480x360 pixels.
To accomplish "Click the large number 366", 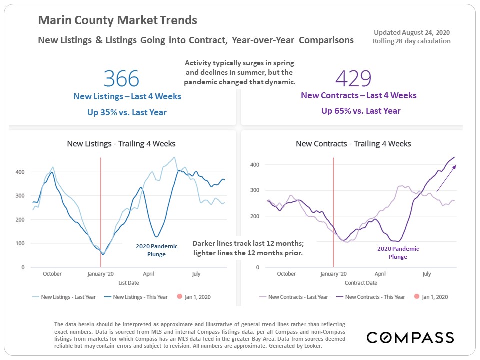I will pyautogui.click(x=121, y=79).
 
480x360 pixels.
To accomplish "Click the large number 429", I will pyautogui.click(x=353, y=78).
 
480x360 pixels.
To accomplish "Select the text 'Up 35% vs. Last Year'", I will pyautogui.click(x=127, y=112).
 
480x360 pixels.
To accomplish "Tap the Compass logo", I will pyautogui.click(x=410, y=338).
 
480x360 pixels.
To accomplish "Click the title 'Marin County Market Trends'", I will pyautogui.click(x=118, y=21).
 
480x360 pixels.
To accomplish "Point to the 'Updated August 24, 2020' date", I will pyautogui.click(x=412, y=32).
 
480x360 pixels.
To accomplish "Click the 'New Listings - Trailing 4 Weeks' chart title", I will pyautogui.click(x=121, y=144).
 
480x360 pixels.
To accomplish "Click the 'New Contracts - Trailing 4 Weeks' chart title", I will pyautogui.click(x=353, y=144).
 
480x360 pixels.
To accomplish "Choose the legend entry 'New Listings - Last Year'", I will pyautogui.click(x=64, y=297).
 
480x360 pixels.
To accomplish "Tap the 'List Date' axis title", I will pyautogui.click(x=128, y=283).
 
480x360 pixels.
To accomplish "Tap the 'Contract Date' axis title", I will pyautogui.click(x=361, y=283).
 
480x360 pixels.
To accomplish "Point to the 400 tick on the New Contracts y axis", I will pyautogui.click(x=255, y=164).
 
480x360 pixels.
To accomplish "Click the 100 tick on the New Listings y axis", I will pyautogui.click(x=20, y=243).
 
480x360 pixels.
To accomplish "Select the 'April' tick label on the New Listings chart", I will pyautogui.click(x=148, y=274).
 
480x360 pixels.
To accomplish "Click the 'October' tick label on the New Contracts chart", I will pyautogui.click(x=286, y=274).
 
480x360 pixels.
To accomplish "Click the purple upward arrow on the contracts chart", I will pyautogui.click(x=446, y=178).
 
